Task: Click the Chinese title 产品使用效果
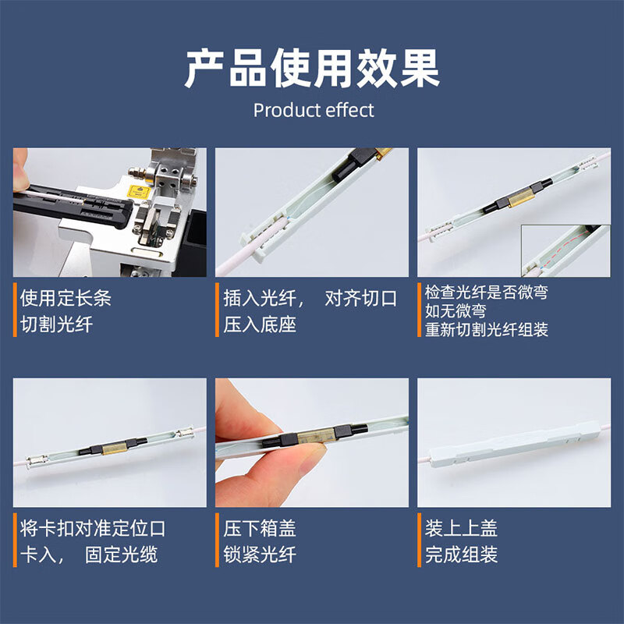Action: click(312, 68)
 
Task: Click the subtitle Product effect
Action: click(314, 110)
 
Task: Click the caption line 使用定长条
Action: click(66, 298)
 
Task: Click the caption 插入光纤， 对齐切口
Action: click(310, 298)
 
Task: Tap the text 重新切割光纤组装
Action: click(486, 329)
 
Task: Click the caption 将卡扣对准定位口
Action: click(93, 528)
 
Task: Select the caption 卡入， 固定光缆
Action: click(88, 555)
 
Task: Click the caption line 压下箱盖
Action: click(260, 528)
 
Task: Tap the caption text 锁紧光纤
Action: click(260, 555)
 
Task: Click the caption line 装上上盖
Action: click(461, 528)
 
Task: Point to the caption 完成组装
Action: click(461, 555)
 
